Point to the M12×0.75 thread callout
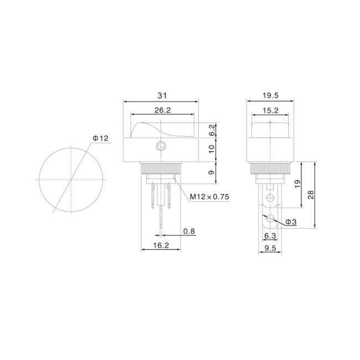click(x=209, y=197)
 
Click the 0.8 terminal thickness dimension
click(x=189, y=232)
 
